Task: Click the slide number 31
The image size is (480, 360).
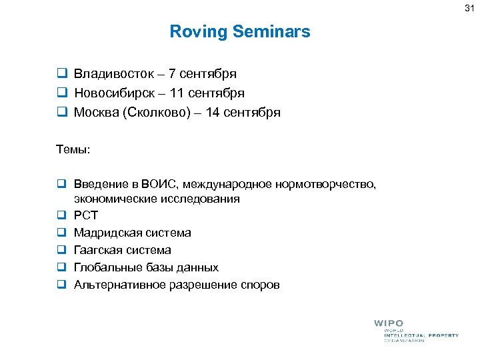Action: tap(469, 7)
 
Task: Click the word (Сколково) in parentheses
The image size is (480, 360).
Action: tap(153, 113)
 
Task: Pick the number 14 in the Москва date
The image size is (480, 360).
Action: tap(213, 113)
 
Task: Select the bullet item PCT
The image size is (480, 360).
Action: tap(85, 215)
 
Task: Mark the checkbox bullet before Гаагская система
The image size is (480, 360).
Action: tap(60, 250)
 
